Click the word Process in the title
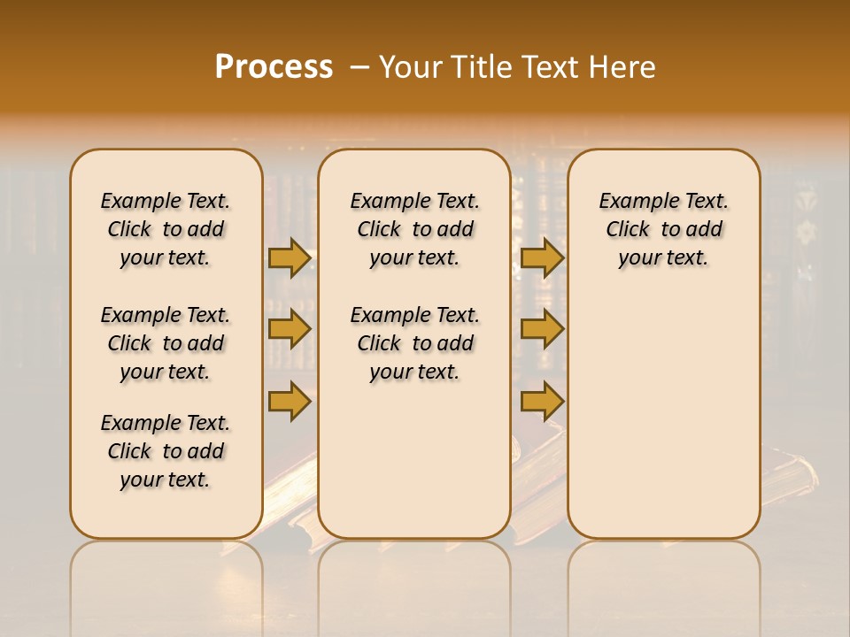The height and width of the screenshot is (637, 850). pyautogui.click(x=274, y=66)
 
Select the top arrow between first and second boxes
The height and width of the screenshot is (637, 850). pyautogui.click(x=290, y=257)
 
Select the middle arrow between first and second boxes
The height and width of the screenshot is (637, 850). pyautogui.click(x=290, y=329)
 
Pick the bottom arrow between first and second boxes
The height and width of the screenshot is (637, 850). pyautogui.click(x=290, y=401)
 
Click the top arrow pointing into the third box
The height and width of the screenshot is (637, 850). pyautogui.click(x=542, y=257)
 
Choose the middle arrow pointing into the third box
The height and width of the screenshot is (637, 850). pyautogui.click(x=542, y=329)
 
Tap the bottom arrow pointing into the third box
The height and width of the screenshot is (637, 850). pyautogui.click(x=542, y=401)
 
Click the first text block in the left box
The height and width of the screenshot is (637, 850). pyautogui.click(x=166, y=229)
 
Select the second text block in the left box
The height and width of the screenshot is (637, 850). pyautogui.click(x=166, y=343)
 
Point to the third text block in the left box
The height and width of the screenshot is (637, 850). pyautogui.click(x=166, y=451)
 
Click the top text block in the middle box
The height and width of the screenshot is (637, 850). pyautogui.click(x=414, y=229)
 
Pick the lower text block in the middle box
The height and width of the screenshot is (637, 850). pyautogui.click(x=414, y=343)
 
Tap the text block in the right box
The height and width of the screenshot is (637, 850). pyautogui.click(x=663, y=229)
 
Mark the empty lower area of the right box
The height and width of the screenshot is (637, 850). pyautogui.click(x=663, y=407)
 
